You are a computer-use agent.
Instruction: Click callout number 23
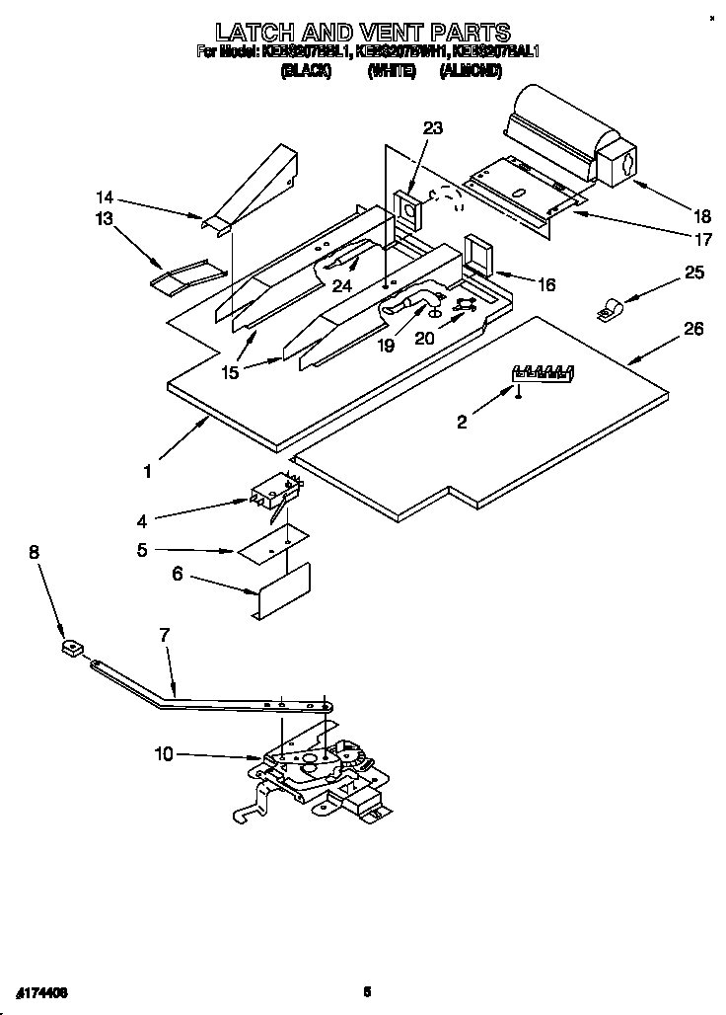[x=433, y=127]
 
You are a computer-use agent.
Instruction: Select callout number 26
[x=693, y=329]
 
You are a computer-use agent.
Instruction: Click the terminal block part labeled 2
[x=542, y=373]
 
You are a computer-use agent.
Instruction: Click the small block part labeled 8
[x=69, y=650]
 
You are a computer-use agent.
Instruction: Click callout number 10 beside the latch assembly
[x=164, y=754]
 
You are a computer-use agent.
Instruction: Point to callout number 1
[x=147, y=472]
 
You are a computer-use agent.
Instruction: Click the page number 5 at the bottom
[x=366, y=991]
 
